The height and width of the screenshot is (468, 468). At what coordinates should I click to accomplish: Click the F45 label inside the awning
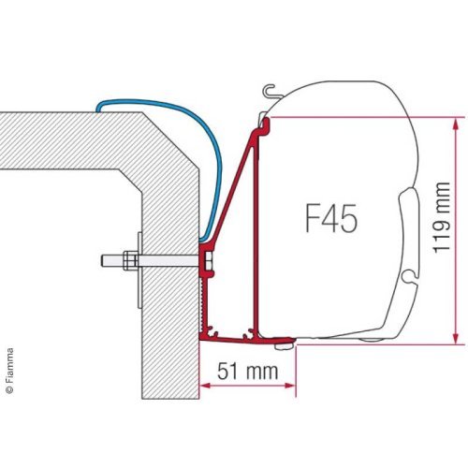[329, 221]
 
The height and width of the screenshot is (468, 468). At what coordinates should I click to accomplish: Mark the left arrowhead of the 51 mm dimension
[206, 385]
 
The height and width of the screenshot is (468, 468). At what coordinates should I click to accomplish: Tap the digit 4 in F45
[330, 221]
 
